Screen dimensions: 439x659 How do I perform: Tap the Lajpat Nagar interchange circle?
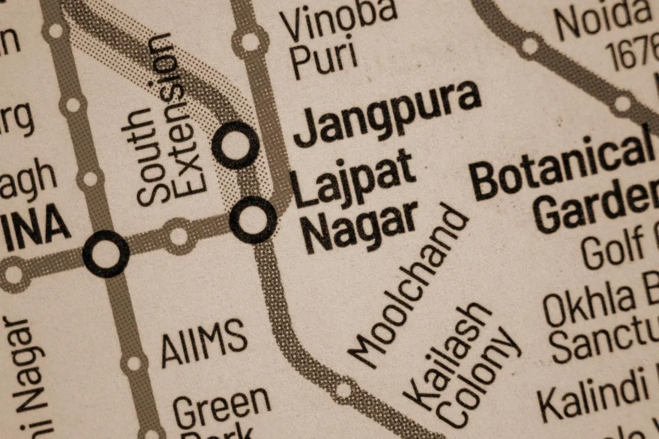[x=253, y=219]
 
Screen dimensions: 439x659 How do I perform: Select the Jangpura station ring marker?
[x=236, y=144]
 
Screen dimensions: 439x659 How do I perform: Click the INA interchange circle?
[x=106, y=254]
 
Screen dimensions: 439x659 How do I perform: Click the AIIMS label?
[x=204, y=342]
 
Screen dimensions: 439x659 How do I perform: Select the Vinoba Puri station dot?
[x=250, y=42]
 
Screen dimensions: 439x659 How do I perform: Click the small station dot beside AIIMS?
[x=133, y=363]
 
